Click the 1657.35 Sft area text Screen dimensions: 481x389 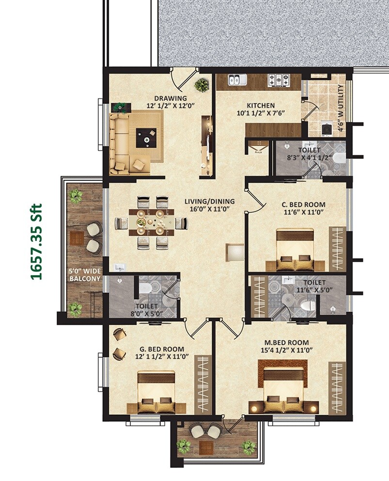click(x=37, y=241)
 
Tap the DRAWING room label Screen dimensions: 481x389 click(x=164, y=96)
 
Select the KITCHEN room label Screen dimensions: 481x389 click(x=261, y=105)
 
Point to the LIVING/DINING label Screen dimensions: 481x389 click(x=209, y=201)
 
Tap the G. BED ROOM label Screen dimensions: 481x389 click(x=161, y=349)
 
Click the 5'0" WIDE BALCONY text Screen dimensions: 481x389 click(x=84, y=275)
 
